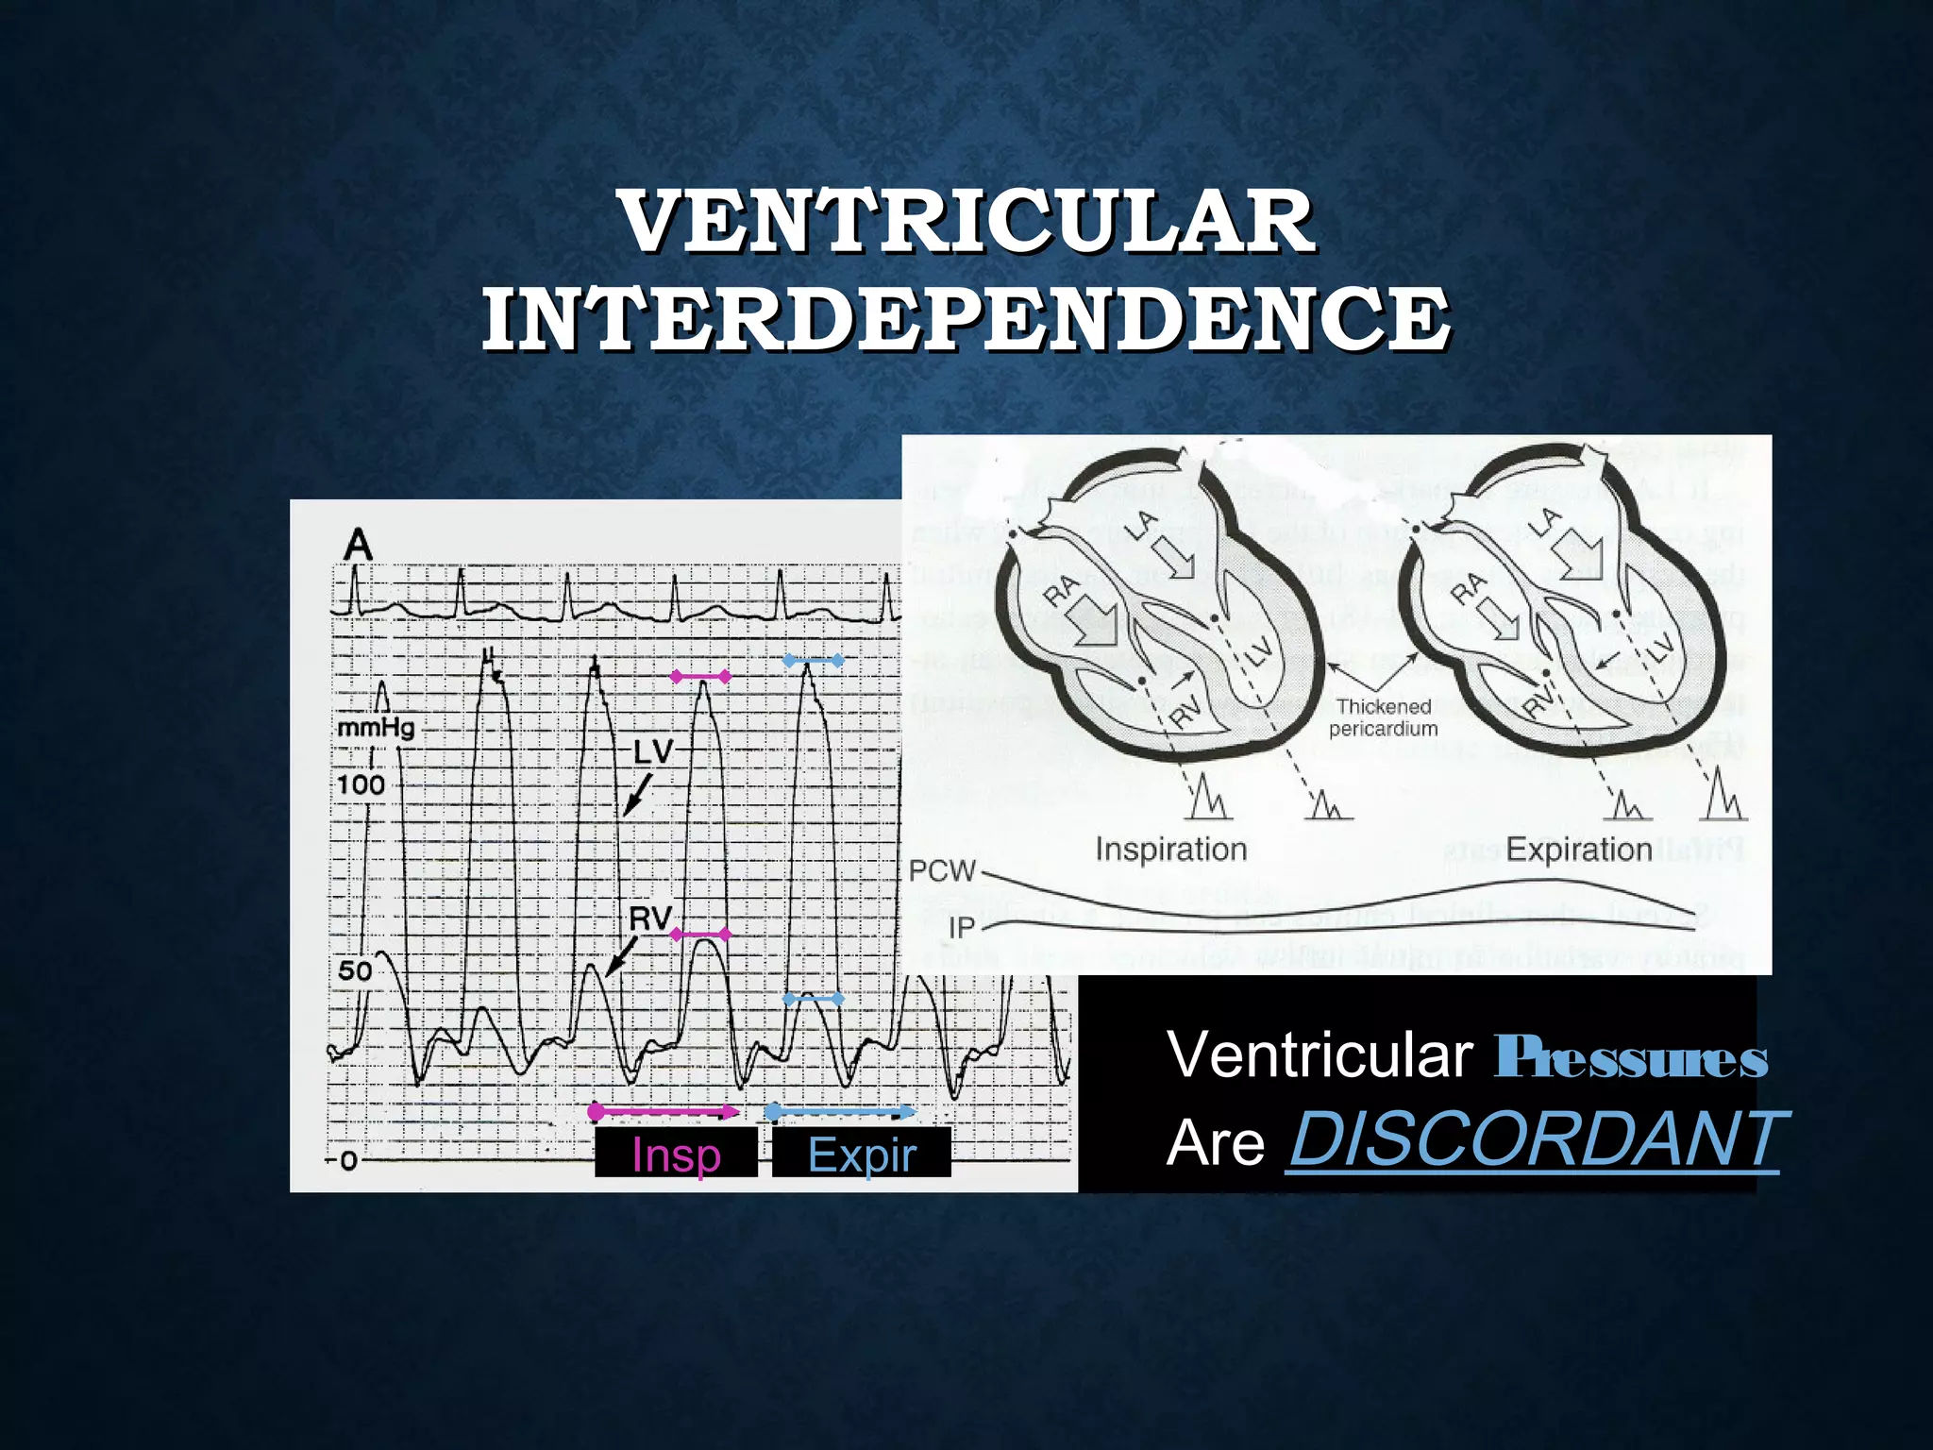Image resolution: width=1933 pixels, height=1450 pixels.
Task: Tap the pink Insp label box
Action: pos(676,1154)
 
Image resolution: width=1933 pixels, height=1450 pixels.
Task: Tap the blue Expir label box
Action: pos(862,1154)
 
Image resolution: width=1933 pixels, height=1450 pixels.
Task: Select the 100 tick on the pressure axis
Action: pos(361,784)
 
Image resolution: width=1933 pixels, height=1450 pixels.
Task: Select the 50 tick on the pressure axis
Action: pos(355,970)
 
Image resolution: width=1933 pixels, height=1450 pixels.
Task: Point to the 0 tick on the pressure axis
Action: pos(347,1160)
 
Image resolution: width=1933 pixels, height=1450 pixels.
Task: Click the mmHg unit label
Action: pos(376,728)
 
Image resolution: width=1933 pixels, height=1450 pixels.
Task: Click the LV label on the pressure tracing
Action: pos(653,751)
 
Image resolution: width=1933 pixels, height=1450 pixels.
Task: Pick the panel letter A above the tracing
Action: pos(358,546)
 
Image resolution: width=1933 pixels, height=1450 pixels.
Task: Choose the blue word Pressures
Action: pos(1631,1058)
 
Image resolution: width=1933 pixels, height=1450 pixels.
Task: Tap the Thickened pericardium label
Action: pos(1384,717)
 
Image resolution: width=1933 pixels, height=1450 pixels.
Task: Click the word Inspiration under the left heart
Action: pos(1171,850)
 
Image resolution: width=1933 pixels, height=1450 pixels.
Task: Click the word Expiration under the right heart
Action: pos(1578,850)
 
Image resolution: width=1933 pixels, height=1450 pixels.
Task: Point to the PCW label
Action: pos(942,870)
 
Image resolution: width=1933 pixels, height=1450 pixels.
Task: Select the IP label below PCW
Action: pos(961,928)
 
